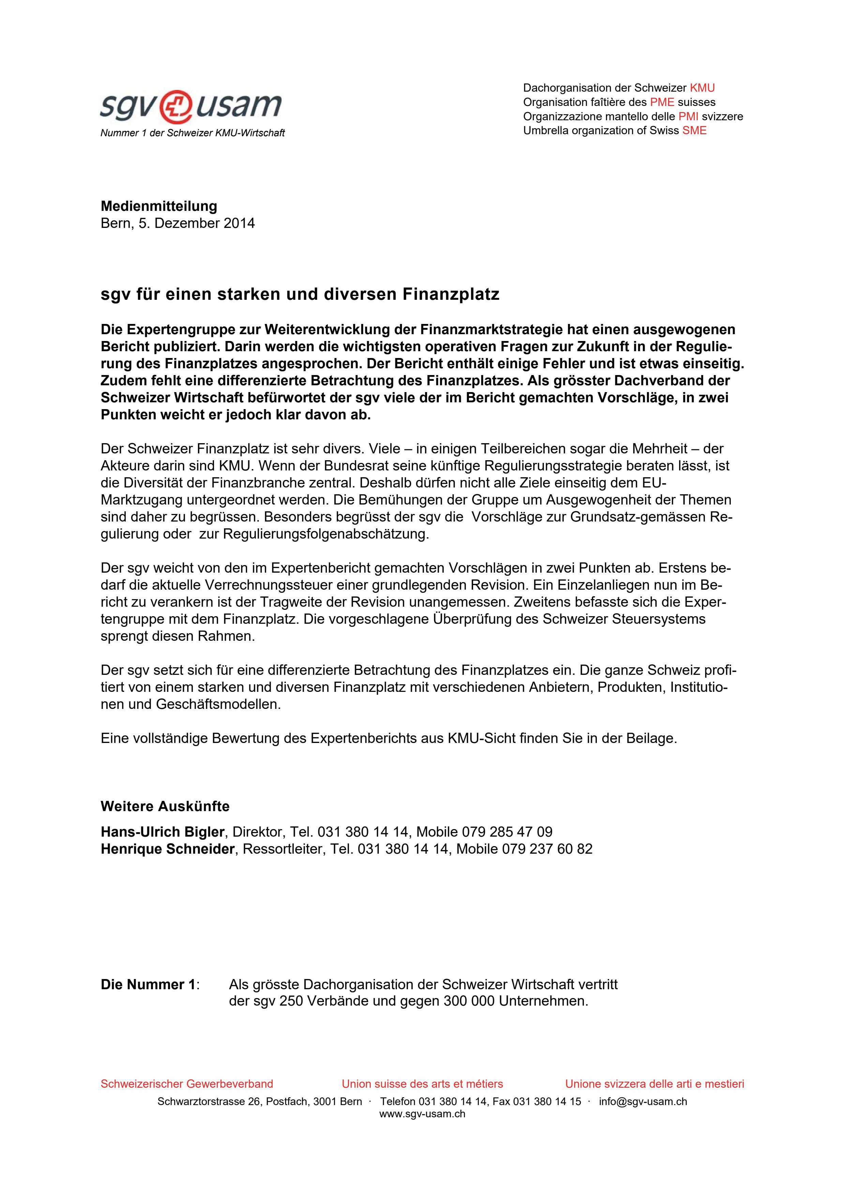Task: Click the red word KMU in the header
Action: pos(702,88)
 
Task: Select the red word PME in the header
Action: pos(662,102)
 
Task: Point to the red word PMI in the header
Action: pos(688,117)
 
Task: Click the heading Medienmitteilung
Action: pos(159,206)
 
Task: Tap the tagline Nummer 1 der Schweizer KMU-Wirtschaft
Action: pos(192,133)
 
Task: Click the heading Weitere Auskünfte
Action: pos(165,806)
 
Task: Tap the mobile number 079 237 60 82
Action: pos(547,849)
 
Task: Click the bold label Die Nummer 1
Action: pos(148,985)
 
